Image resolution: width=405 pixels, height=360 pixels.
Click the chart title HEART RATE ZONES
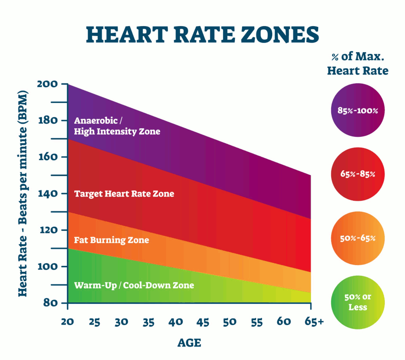point(202,35)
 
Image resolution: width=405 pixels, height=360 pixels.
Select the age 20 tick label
point(67,322)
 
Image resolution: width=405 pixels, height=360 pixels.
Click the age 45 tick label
point(202,322)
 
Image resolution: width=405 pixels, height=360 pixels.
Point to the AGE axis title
point(189,343)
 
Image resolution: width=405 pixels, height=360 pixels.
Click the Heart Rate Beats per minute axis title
point(22,193)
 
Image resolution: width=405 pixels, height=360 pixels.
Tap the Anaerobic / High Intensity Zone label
point(117,126)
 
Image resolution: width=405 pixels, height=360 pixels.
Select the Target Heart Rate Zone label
point(124,194)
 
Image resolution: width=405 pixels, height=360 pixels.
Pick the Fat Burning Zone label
point(111,240)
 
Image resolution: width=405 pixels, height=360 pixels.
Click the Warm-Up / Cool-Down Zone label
point(134,285)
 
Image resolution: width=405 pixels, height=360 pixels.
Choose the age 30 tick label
point(121,322)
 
